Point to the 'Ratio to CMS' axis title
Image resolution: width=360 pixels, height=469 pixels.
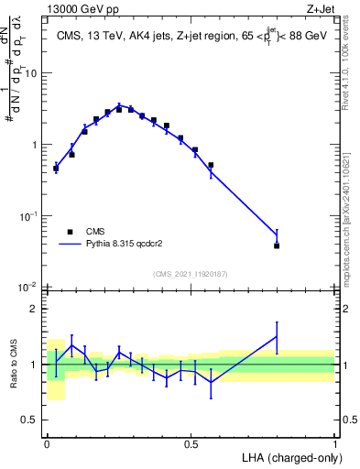pos(14,364)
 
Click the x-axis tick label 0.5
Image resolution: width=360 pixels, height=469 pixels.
pos(191,443)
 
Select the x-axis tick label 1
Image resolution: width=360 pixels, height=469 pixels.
pos(335,443)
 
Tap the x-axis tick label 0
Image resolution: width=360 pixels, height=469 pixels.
pos(47,443)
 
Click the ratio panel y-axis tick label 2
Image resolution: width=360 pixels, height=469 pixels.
pos(35,309)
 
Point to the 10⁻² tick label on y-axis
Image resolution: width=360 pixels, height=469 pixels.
pos(29,288)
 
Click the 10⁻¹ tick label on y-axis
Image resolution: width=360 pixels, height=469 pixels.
pos(29,216)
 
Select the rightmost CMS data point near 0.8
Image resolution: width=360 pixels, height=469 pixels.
pos(277,245)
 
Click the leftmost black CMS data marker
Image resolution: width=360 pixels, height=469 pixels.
pos(56,168)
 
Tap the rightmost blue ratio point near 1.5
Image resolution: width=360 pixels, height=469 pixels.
pos(277,336)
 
